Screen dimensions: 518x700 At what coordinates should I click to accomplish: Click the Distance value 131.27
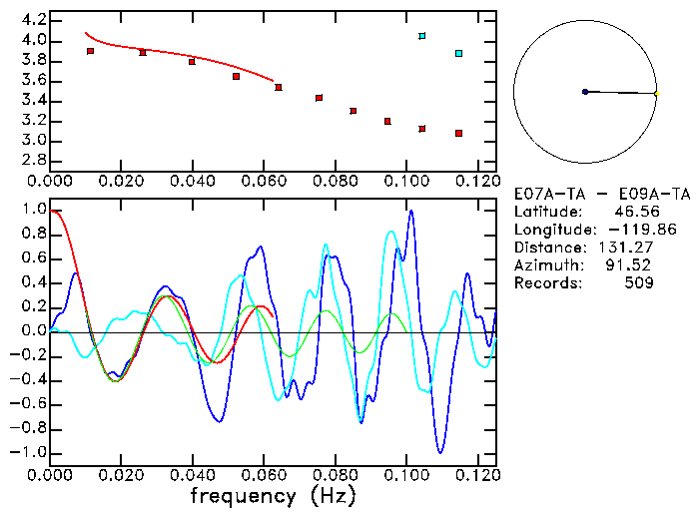[x=628, y=247]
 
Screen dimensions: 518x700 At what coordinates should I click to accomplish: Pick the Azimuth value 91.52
[x=630, y=264]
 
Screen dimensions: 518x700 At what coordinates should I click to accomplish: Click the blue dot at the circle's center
[x=585, y=92]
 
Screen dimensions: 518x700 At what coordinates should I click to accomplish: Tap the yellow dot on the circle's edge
[x=656, y=94]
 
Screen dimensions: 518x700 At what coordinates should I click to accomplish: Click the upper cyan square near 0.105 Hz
[x=422, y=36]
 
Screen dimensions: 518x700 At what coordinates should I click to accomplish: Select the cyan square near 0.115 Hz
[x=458, y=53]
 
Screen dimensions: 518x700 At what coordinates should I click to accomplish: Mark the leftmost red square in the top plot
[x=91, y=51]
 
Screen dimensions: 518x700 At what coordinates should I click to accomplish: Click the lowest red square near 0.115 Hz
[x=458, y=133]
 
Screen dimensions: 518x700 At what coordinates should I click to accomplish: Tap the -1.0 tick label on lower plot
[x=28, y=452]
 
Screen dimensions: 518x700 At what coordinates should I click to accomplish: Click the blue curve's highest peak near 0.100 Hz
[x=410, y=211]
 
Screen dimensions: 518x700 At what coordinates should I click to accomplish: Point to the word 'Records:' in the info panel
[x=547, y=282]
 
